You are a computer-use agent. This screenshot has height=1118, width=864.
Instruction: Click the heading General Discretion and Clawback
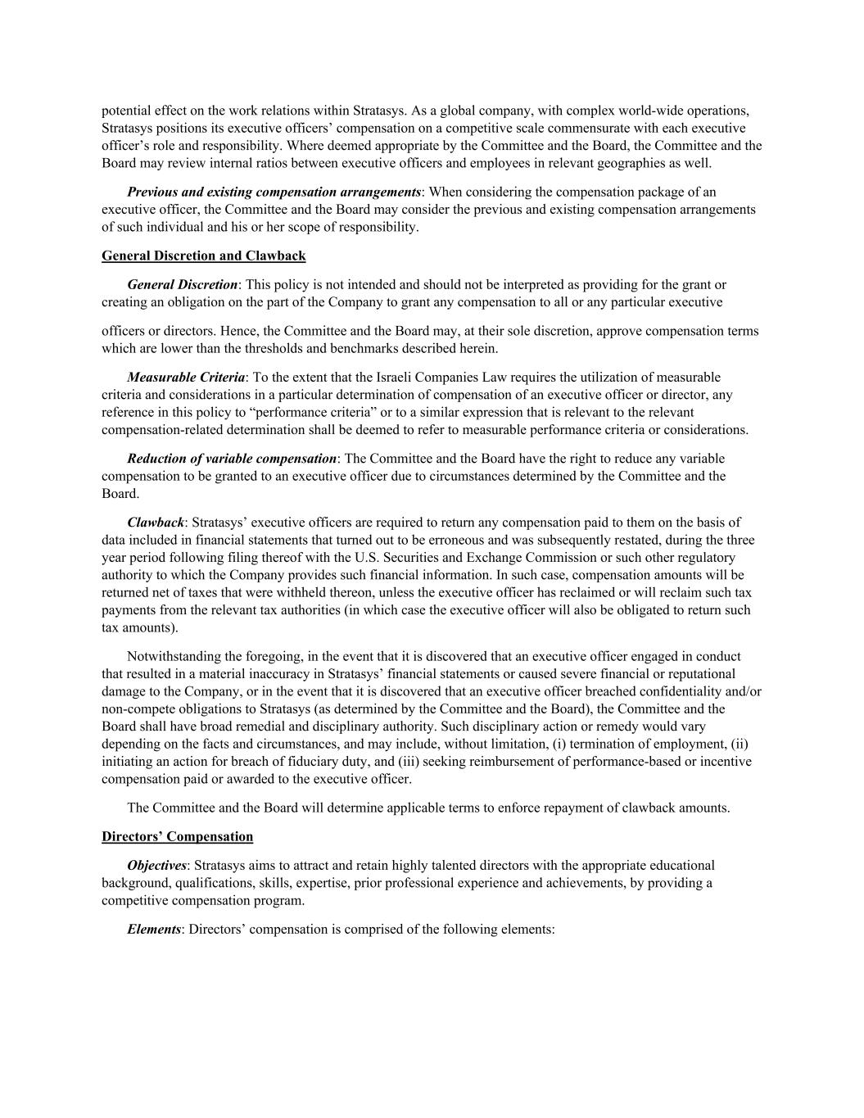203,256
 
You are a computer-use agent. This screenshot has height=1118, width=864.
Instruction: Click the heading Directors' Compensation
177,836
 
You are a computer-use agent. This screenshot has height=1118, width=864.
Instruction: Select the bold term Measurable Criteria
186,378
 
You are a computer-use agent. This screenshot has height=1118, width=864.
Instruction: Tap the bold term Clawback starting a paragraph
156,523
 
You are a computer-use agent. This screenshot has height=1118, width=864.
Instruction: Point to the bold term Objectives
156,866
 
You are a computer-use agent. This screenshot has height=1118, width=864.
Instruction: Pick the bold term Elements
154,930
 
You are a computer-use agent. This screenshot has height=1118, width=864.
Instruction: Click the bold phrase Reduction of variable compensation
232,459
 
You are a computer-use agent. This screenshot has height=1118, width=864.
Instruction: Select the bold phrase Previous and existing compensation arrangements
274,192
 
